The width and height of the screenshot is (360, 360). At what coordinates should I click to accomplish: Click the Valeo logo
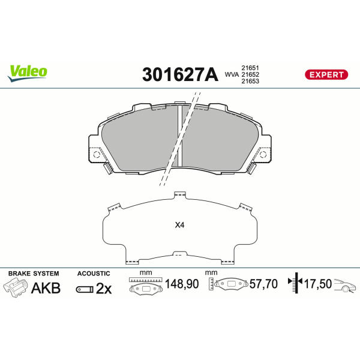point(28,73)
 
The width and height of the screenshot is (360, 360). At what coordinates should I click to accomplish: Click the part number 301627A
point(180,74)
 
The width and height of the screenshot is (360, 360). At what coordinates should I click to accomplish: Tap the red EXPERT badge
point(326,74)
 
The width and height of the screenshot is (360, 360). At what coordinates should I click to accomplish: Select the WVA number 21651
point(250,68)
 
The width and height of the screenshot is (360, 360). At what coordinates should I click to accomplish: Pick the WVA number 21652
point(250,74)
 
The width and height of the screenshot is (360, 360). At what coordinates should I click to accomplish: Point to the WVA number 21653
point(250,81)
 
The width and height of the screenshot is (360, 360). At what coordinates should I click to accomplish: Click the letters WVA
point(232,74)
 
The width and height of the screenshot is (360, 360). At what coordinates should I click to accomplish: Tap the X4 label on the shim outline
point(179,225)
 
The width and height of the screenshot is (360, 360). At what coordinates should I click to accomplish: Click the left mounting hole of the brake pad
point(96,155)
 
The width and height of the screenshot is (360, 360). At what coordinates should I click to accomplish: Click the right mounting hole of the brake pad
point(263,155)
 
